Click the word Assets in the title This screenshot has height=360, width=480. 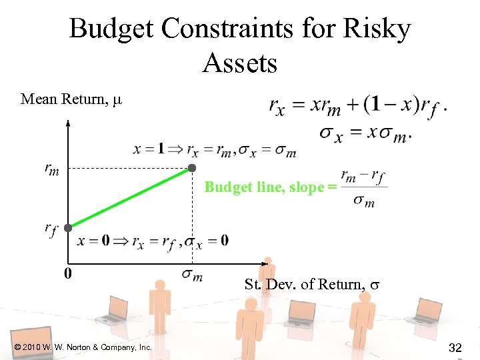(x=240, y=63)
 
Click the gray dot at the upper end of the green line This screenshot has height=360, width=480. (x=191, y=167)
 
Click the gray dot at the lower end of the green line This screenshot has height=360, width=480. (x=68, y=227)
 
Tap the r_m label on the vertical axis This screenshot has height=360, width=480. (x=52, y=170)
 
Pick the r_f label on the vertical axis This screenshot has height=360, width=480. (x=51, y=230)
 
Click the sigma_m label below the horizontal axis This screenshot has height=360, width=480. (x=192, y=275)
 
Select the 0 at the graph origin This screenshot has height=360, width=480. (x=68, y=273)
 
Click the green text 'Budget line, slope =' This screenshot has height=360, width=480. (x=266, y=187)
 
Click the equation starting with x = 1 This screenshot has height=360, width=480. (x=215, y=149)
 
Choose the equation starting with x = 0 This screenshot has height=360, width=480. (x=153, y=241)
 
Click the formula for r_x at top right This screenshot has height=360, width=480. (x=357, y=105)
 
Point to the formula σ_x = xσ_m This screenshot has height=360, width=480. (x=364, y=133)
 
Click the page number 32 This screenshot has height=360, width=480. (x=456, y=347)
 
